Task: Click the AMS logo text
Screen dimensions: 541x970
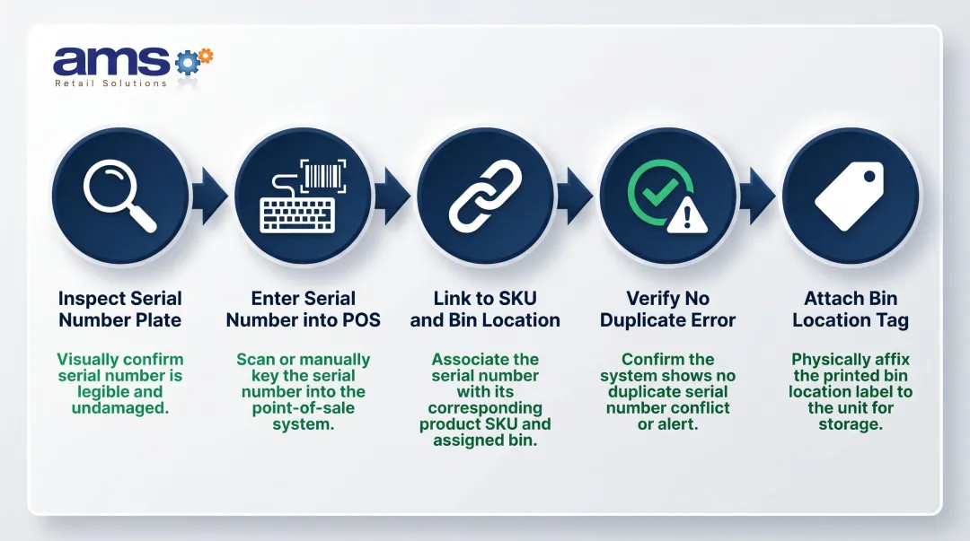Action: click(111, 61)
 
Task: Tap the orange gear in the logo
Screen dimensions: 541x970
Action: click(206, 56)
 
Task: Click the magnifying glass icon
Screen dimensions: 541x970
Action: click(119, 196)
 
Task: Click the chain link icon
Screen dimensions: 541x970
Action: click(484, 195)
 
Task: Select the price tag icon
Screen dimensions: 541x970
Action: click(849, 196)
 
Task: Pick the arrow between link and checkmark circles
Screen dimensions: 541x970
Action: click(575, 196)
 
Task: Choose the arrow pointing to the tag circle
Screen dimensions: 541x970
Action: click(757, 196)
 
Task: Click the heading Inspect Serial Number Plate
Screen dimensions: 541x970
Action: click(119, 309)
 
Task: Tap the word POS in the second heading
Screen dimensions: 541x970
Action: click(361, 320)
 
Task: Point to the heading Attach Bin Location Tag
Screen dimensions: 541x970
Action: click(850, 309)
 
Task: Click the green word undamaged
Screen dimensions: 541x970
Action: click(119, 408)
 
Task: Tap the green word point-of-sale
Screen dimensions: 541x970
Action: click(303, 408)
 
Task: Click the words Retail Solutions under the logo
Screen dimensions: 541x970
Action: click(110, 83)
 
